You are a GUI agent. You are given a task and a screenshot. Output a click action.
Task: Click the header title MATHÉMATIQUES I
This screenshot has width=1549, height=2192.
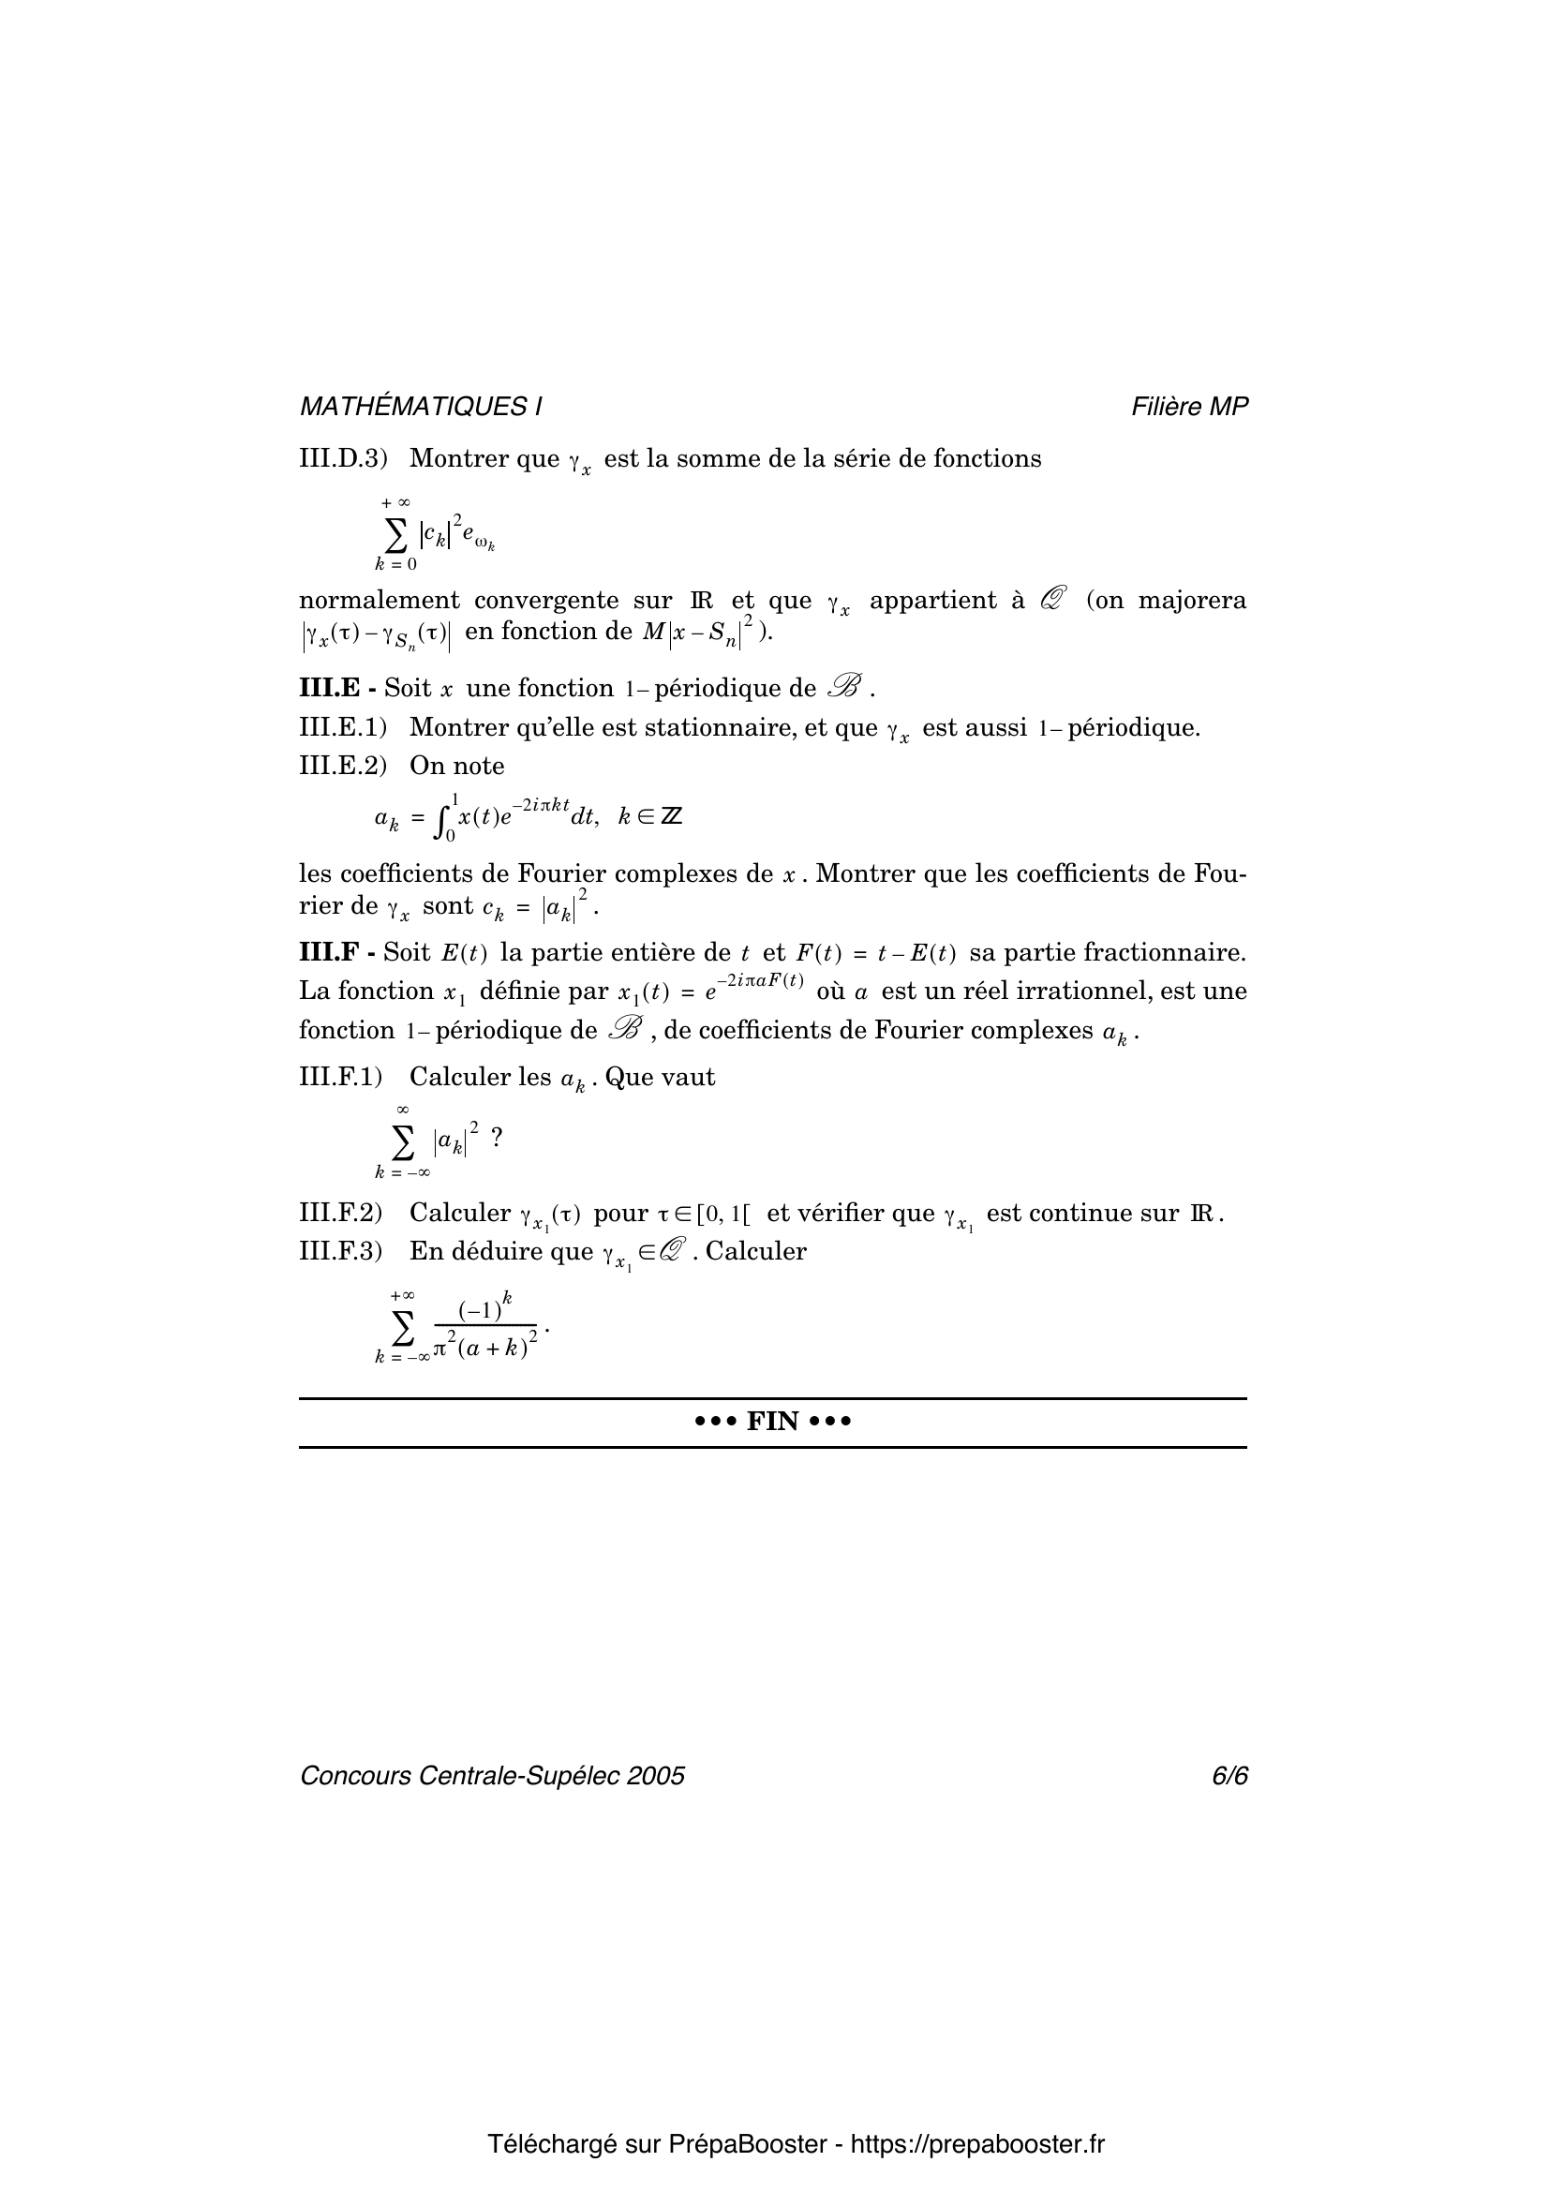(421, 407)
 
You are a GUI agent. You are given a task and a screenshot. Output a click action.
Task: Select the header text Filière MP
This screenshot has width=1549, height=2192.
(1189, 407)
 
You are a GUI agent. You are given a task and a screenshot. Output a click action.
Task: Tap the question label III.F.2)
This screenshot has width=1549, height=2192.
(341, 1214)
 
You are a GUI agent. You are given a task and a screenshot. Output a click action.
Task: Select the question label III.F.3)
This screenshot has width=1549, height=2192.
(341, 1252)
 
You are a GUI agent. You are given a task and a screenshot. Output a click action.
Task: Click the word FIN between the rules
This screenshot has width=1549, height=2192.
(772, 1423)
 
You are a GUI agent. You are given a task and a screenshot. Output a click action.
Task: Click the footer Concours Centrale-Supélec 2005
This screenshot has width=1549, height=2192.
(493, 1776)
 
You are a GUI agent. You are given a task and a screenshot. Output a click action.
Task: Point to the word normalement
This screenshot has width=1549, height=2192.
(379, 601)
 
